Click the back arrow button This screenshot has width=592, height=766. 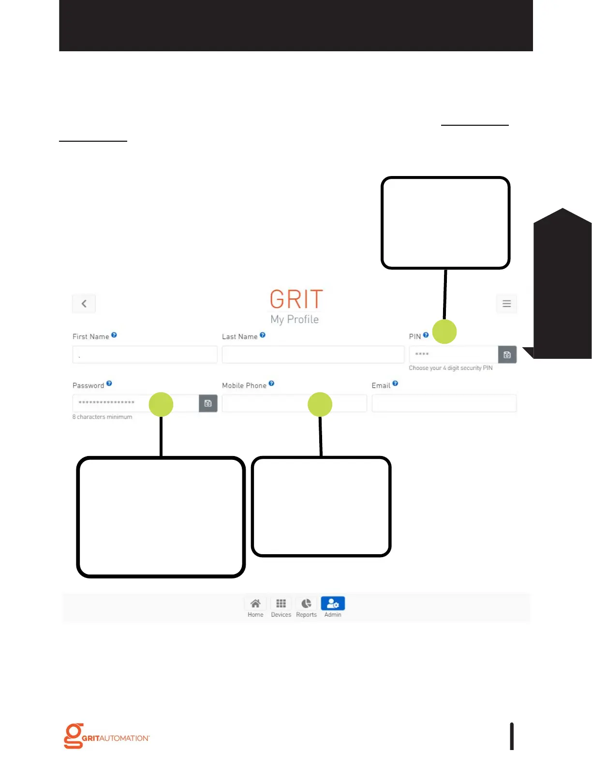point(84,304)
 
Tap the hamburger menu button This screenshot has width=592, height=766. point(506,304)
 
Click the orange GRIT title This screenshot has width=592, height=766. point(296,299)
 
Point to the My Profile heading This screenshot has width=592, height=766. point(295,320)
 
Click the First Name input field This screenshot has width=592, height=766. point(145,355)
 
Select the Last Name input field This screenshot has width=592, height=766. point(313,355)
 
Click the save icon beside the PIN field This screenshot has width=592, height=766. point(507,355)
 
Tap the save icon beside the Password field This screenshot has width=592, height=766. point(208,403)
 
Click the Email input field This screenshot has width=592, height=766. point(444,403)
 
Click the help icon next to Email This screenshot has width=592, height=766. point(395,383)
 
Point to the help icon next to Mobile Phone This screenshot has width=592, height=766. point(271,383)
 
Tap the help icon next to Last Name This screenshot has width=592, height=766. point(263,335)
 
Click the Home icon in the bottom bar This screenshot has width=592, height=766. point(255,604)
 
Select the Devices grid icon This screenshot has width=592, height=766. point(281,604)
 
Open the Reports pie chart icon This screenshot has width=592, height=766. point(306,604)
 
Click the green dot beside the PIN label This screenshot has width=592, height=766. point(444,332)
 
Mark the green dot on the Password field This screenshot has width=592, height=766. point(161,404)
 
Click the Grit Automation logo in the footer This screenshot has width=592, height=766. point(107,736)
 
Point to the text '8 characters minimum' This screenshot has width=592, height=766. point(102,417)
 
